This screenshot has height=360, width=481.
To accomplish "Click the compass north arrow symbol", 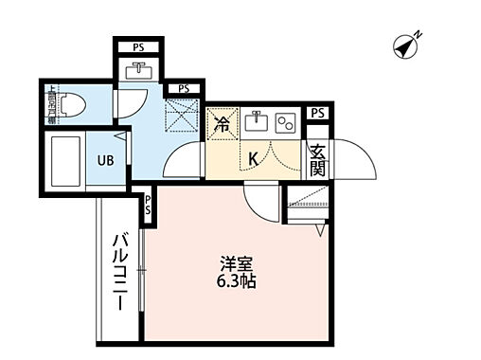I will pos(407,45).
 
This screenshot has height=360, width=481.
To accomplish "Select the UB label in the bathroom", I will pos(105,159).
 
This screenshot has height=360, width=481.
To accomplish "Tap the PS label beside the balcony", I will pos(149,205).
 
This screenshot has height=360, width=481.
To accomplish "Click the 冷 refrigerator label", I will pos(222,124).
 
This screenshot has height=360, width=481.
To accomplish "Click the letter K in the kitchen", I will pos(254,159).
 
